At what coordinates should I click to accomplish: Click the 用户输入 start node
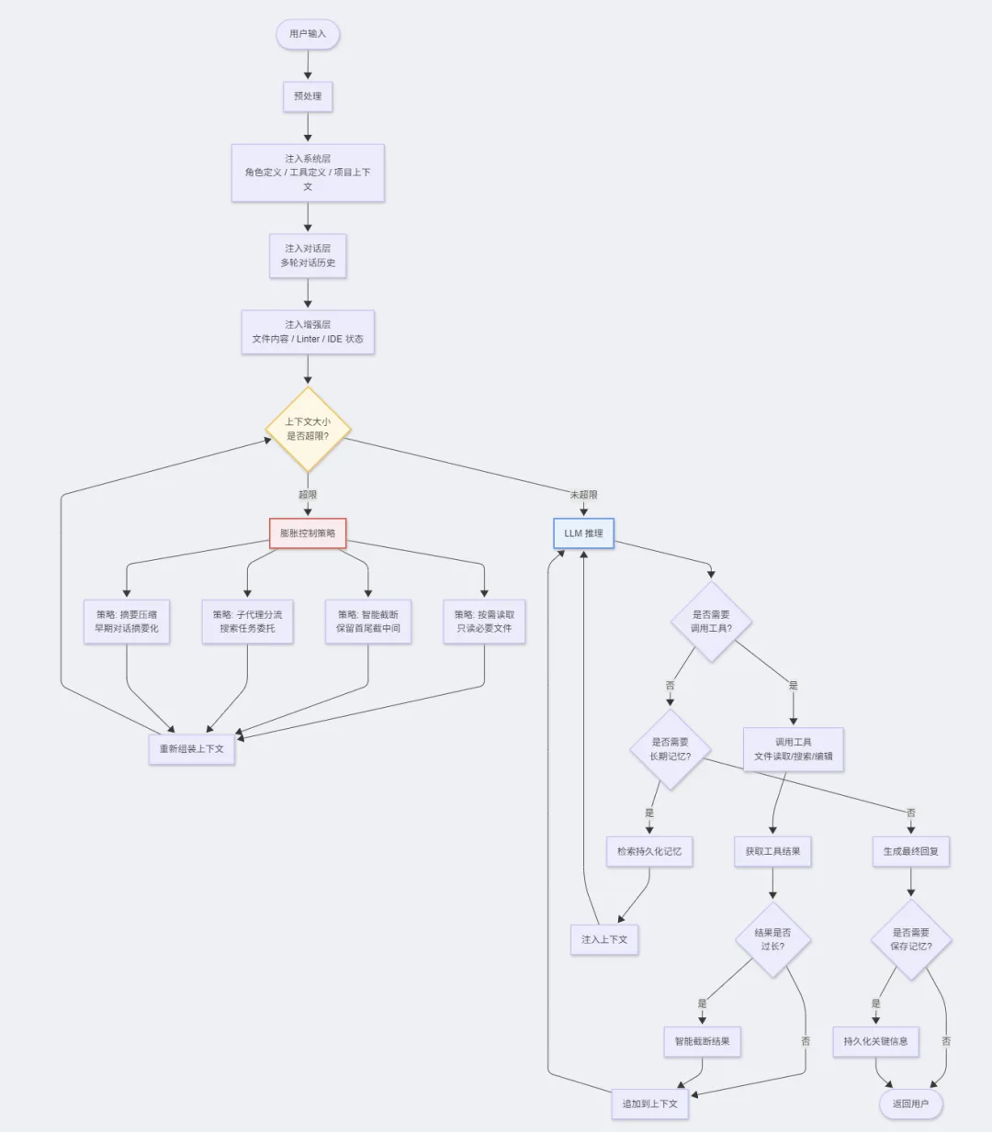[x=308, y=34]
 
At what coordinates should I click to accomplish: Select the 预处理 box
[x=308, y=96]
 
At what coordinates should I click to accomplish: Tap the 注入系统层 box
[x=308, y=173]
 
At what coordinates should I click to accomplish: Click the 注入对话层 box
[x=308, y=256]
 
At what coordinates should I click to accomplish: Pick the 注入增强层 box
[x=308, y=331]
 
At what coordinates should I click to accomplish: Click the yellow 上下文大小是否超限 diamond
[x=308, y=429]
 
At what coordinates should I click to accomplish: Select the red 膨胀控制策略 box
[x=308, y=533]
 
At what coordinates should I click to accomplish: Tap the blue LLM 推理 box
[x=583, y=533]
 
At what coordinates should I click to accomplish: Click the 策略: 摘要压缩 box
[x=127, y=622]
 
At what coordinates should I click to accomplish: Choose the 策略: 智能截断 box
[x=368, y=622]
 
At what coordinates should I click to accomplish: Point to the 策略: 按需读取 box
[x=484, y=622]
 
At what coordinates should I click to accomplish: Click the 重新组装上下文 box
[x=192, y=749]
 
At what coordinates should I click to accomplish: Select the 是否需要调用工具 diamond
[x=711, y=622]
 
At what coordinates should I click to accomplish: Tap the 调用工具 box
[x=794, y=749]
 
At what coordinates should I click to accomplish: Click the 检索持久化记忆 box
[x=649, y=852]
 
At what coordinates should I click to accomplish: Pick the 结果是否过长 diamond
[x=772, y=939]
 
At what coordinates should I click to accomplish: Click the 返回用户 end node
[x=910, y=1104]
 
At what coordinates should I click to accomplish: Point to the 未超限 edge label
[x=583, y=495]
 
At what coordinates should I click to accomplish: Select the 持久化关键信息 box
[x=875, y=1042]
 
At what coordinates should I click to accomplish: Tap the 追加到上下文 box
[x=650, y=1104]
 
